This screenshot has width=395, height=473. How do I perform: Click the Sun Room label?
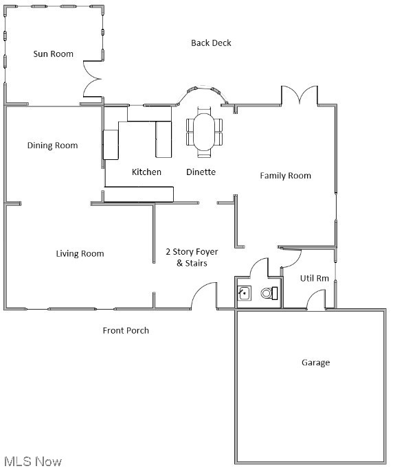54,54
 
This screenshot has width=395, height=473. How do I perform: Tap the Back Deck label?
211,43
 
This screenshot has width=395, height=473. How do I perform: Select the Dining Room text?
52,146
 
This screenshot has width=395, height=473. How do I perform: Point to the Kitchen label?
146,172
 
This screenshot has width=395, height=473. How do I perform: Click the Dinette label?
201,172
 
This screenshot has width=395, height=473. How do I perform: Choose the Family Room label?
285,176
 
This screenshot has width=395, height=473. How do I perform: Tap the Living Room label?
80,254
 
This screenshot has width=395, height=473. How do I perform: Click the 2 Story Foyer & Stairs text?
192,257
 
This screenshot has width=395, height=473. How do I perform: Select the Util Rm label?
315,278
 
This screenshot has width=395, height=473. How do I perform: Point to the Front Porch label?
126,331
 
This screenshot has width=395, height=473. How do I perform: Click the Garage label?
315,362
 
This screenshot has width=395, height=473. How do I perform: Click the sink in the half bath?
244,293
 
